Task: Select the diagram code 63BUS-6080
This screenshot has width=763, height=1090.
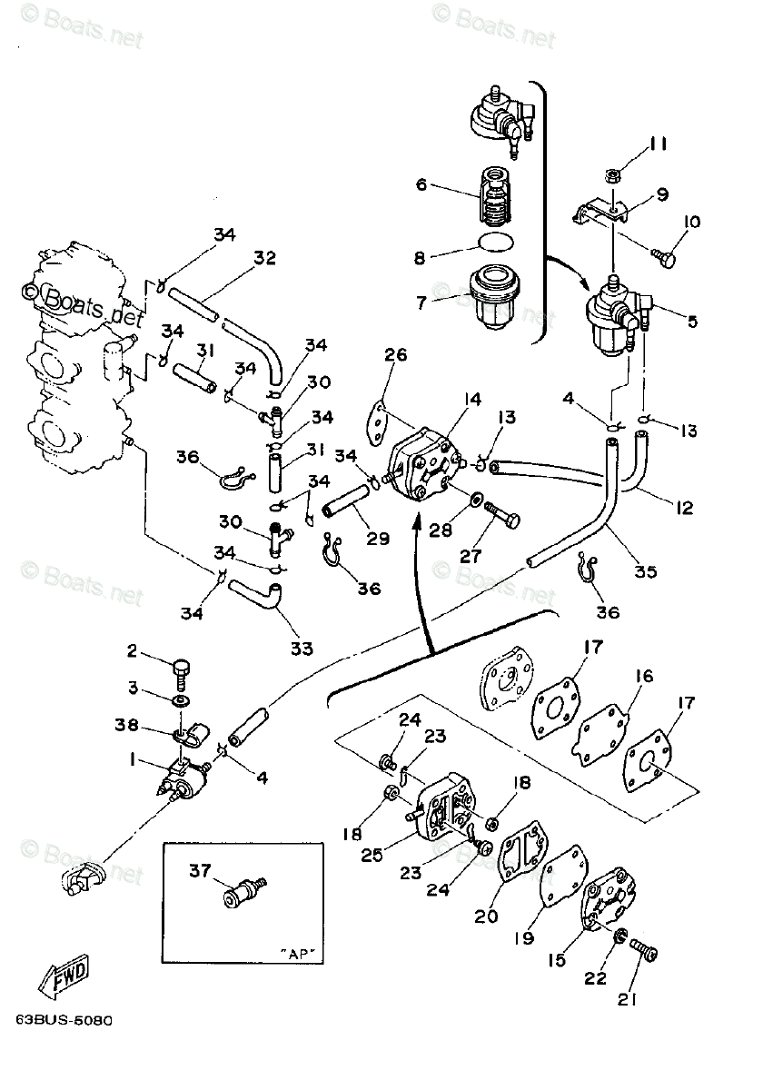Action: click(64, 1020)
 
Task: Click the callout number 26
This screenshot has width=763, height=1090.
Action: click(396, 355)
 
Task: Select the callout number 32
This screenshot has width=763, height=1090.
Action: click(264, 258)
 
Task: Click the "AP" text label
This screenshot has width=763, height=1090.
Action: click(295, 954)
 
